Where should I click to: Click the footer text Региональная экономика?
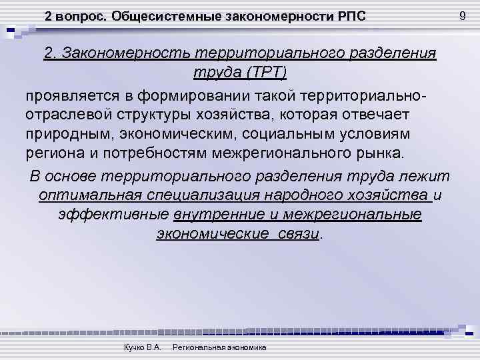[x=219, y=347]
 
